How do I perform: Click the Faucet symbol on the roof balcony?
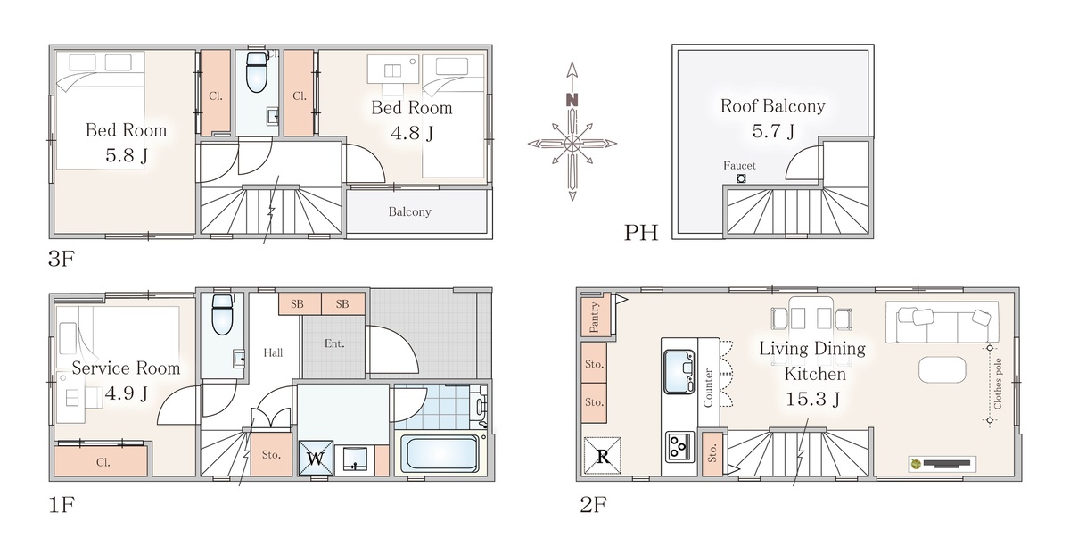pos(741,178)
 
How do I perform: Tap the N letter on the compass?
pos(572,100)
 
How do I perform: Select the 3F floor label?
pos(62,259)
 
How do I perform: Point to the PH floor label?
pos(641,232)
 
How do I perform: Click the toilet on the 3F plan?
pos(257,72)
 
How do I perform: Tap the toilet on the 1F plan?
pos(222,314)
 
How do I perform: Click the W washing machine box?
pos(316,458)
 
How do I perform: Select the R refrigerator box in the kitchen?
pos(603,456)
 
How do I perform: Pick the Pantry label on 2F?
pos(594,317)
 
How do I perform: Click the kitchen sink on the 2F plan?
pos(679,371)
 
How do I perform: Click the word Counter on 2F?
pos(708,388)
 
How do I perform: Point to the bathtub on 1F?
pos(440,452)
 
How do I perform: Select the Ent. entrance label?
pos(334,343)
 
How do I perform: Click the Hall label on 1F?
pos(273,352)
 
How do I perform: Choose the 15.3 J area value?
pos(812,399)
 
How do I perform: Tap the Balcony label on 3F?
pos(409,211)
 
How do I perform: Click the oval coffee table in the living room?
pos(942,369)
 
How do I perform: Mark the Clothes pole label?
pos(998,384)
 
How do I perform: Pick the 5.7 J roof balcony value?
pos(773,130)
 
